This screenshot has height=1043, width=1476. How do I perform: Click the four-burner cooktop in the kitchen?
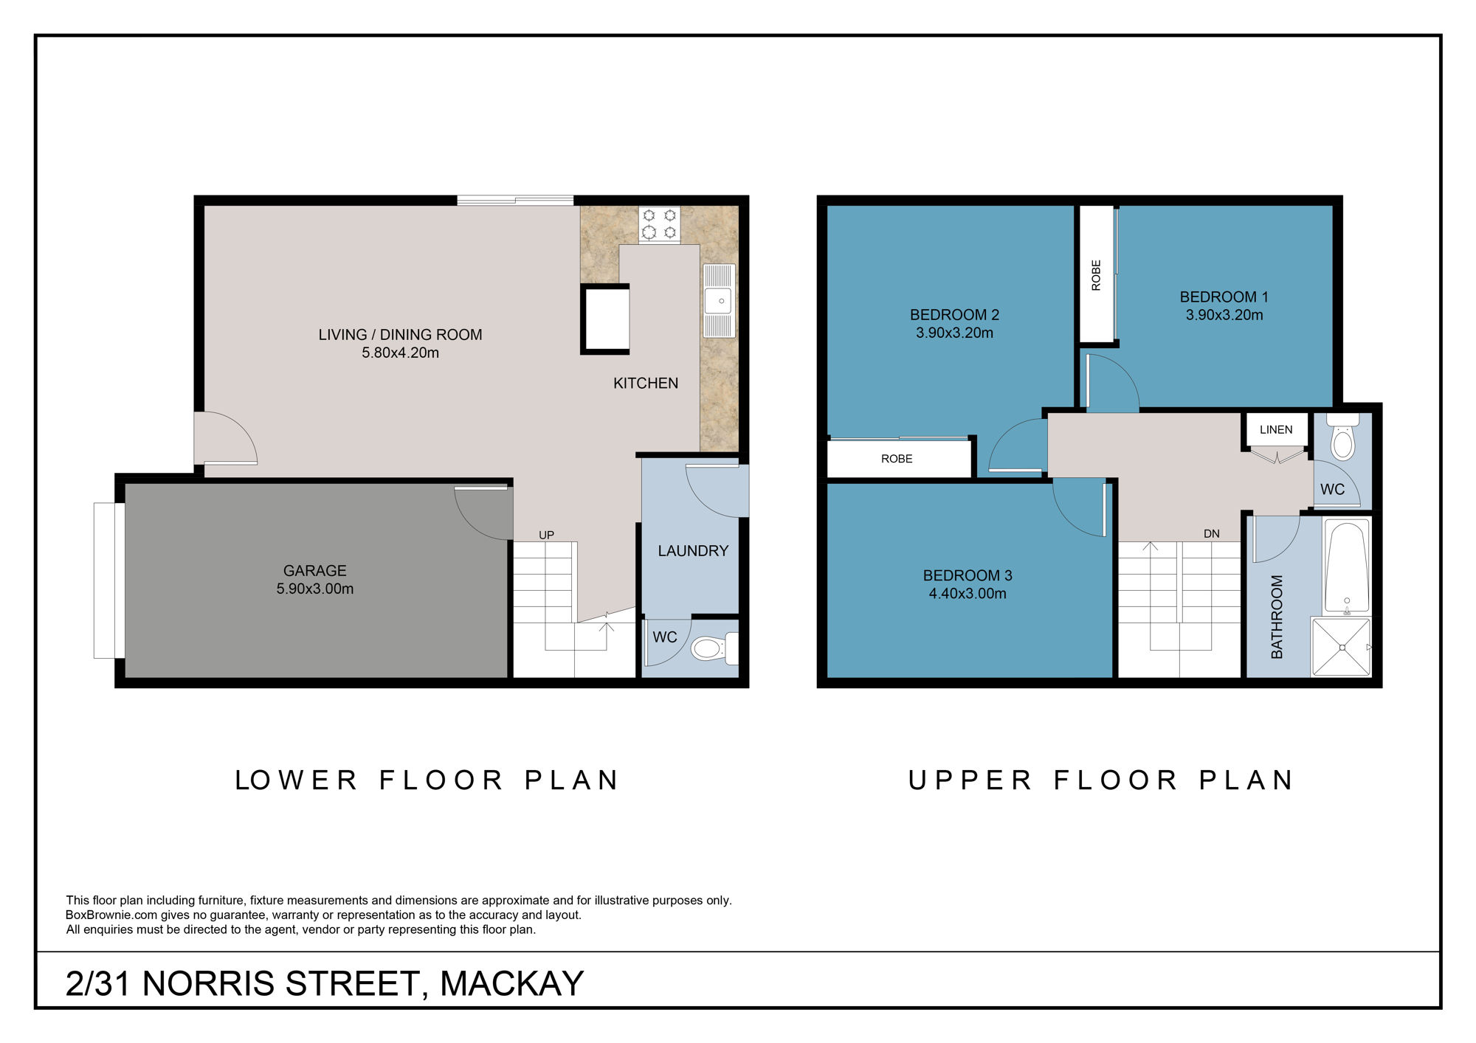659,224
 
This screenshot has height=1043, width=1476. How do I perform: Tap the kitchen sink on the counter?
719,300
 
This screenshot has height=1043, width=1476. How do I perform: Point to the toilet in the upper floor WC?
1342,443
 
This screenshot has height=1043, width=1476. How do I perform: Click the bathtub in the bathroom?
1347,566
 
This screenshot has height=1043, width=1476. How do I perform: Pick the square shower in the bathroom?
1342,648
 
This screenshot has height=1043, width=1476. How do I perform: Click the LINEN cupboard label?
1276,429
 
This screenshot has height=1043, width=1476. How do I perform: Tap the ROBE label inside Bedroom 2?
897,459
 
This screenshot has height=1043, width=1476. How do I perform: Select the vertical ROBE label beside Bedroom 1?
1096,274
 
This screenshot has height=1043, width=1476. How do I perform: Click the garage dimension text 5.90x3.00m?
315,589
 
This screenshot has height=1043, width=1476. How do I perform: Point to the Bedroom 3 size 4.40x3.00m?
968,594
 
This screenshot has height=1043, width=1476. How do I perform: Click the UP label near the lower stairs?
546,535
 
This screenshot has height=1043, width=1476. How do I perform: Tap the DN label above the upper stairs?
1212,533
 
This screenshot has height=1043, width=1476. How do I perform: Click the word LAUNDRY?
693,551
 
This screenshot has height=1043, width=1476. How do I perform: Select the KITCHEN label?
646,383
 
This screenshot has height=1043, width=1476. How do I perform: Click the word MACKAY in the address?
511,983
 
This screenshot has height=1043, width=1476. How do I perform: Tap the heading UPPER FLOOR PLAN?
1100,780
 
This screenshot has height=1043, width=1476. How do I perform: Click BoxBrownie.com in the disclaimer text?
111,915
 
